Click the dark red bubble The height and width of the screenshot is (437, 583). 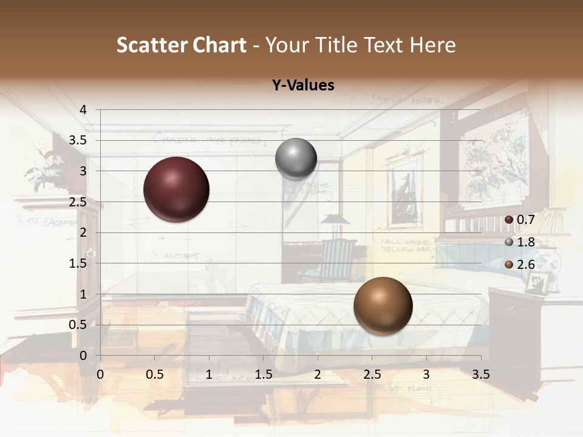click(x=176, y=189)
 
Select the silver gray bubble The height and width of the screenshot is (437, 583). click(x=296, y=159)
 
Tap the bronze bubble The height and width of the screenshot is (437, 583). click(x=383, y=306)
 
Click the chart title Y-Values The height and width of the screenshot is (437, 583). click(x=302, y=86)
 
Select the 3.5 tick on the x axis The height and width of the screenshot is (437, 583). click(x=480, y=374)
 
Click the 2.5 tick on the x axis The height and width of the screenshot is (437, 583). click(x=372, y=374)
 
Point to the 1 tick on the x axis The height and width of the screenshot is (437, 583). click(x=209, y=374)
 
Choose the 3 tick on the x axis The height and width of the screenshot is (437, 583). click(x=426, y=374)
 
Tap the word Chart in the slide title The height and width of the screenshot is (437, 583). click(x=220, y=45)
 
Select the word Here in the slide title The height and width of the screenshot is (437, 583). click(x=432, y=45)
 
